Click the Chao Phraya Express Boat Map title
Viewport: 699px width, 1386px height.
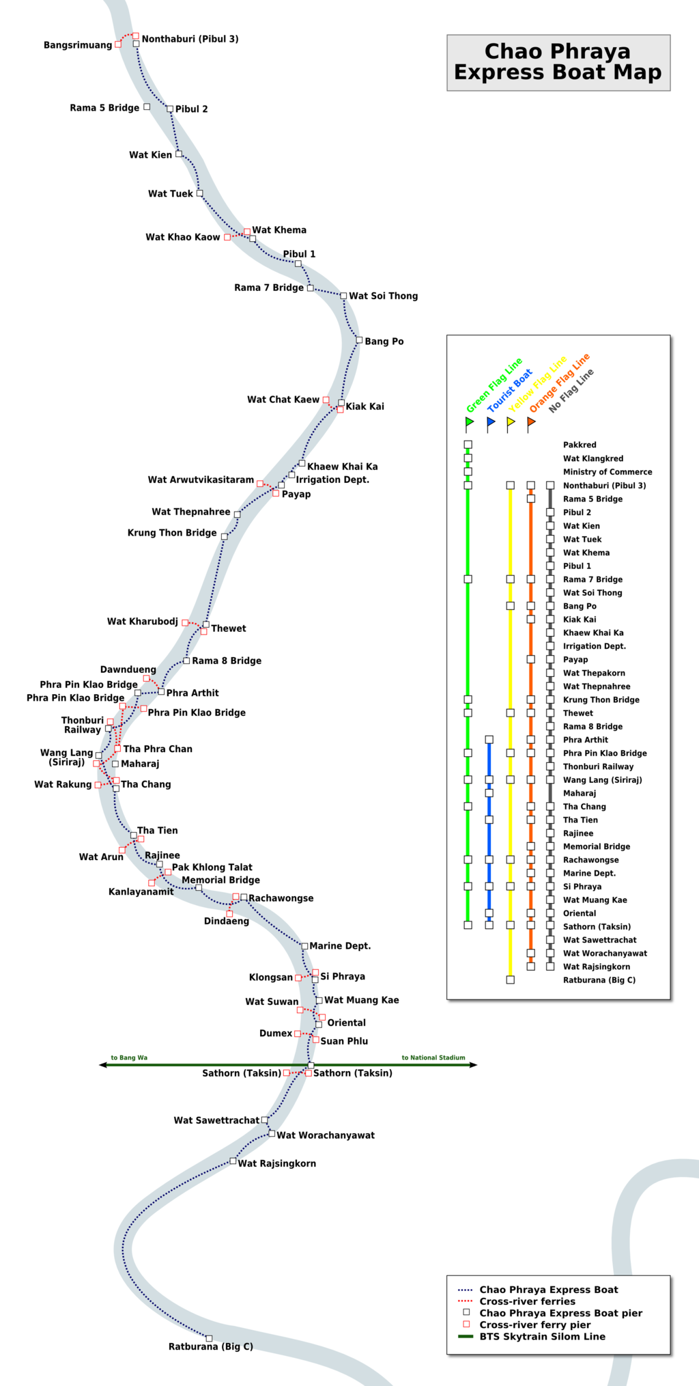pos(558,61)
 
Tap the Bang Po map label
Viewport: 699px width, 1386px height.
pos(384,342)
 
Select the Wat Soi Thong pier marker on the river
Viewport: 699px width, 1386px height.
pos(343,296)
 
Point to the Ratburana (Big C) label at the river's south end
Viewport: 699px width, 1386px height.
pos(210,1346)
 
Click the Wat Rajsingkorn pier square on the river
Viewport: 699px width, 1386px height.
pos(233,1161)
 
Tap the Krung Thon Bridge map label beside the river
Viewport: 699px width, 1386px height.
pos(172,533)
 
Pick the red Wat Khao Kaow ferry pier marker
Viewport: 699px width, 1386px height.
pos(227,237)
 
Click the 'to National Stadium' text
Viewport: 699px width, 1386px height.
pos(433,1057)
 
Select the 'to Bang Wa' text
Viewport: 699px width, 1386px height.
pos(129,1057)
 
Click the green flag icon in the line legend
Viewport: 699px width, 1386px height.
pos(469,423)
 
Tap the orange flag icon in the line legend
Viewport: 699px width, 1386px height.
pos(531,423)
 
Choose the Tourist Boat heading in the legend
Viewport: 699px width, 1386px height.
pos(510,391)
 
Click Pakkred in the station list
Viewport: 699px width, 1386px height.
pos(580,445)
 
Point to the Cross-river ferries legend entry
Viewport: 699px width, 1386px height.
pos(527,1301)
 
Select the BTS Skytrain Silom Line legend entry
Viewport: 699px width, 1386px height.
pos(542,1336)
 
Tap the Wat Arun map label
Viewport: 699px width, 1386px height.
pos(101,857)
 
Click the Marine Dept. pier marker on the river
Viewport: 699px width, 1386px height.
pos(304,946)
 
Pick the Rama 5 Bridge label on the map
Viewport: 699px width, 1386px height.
pos(104,108)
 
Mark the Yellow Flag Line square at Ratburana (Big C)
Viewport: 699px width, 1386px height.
pos(510,980)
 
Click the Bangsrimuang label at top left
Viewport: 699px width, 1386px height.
pos(78,45)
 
